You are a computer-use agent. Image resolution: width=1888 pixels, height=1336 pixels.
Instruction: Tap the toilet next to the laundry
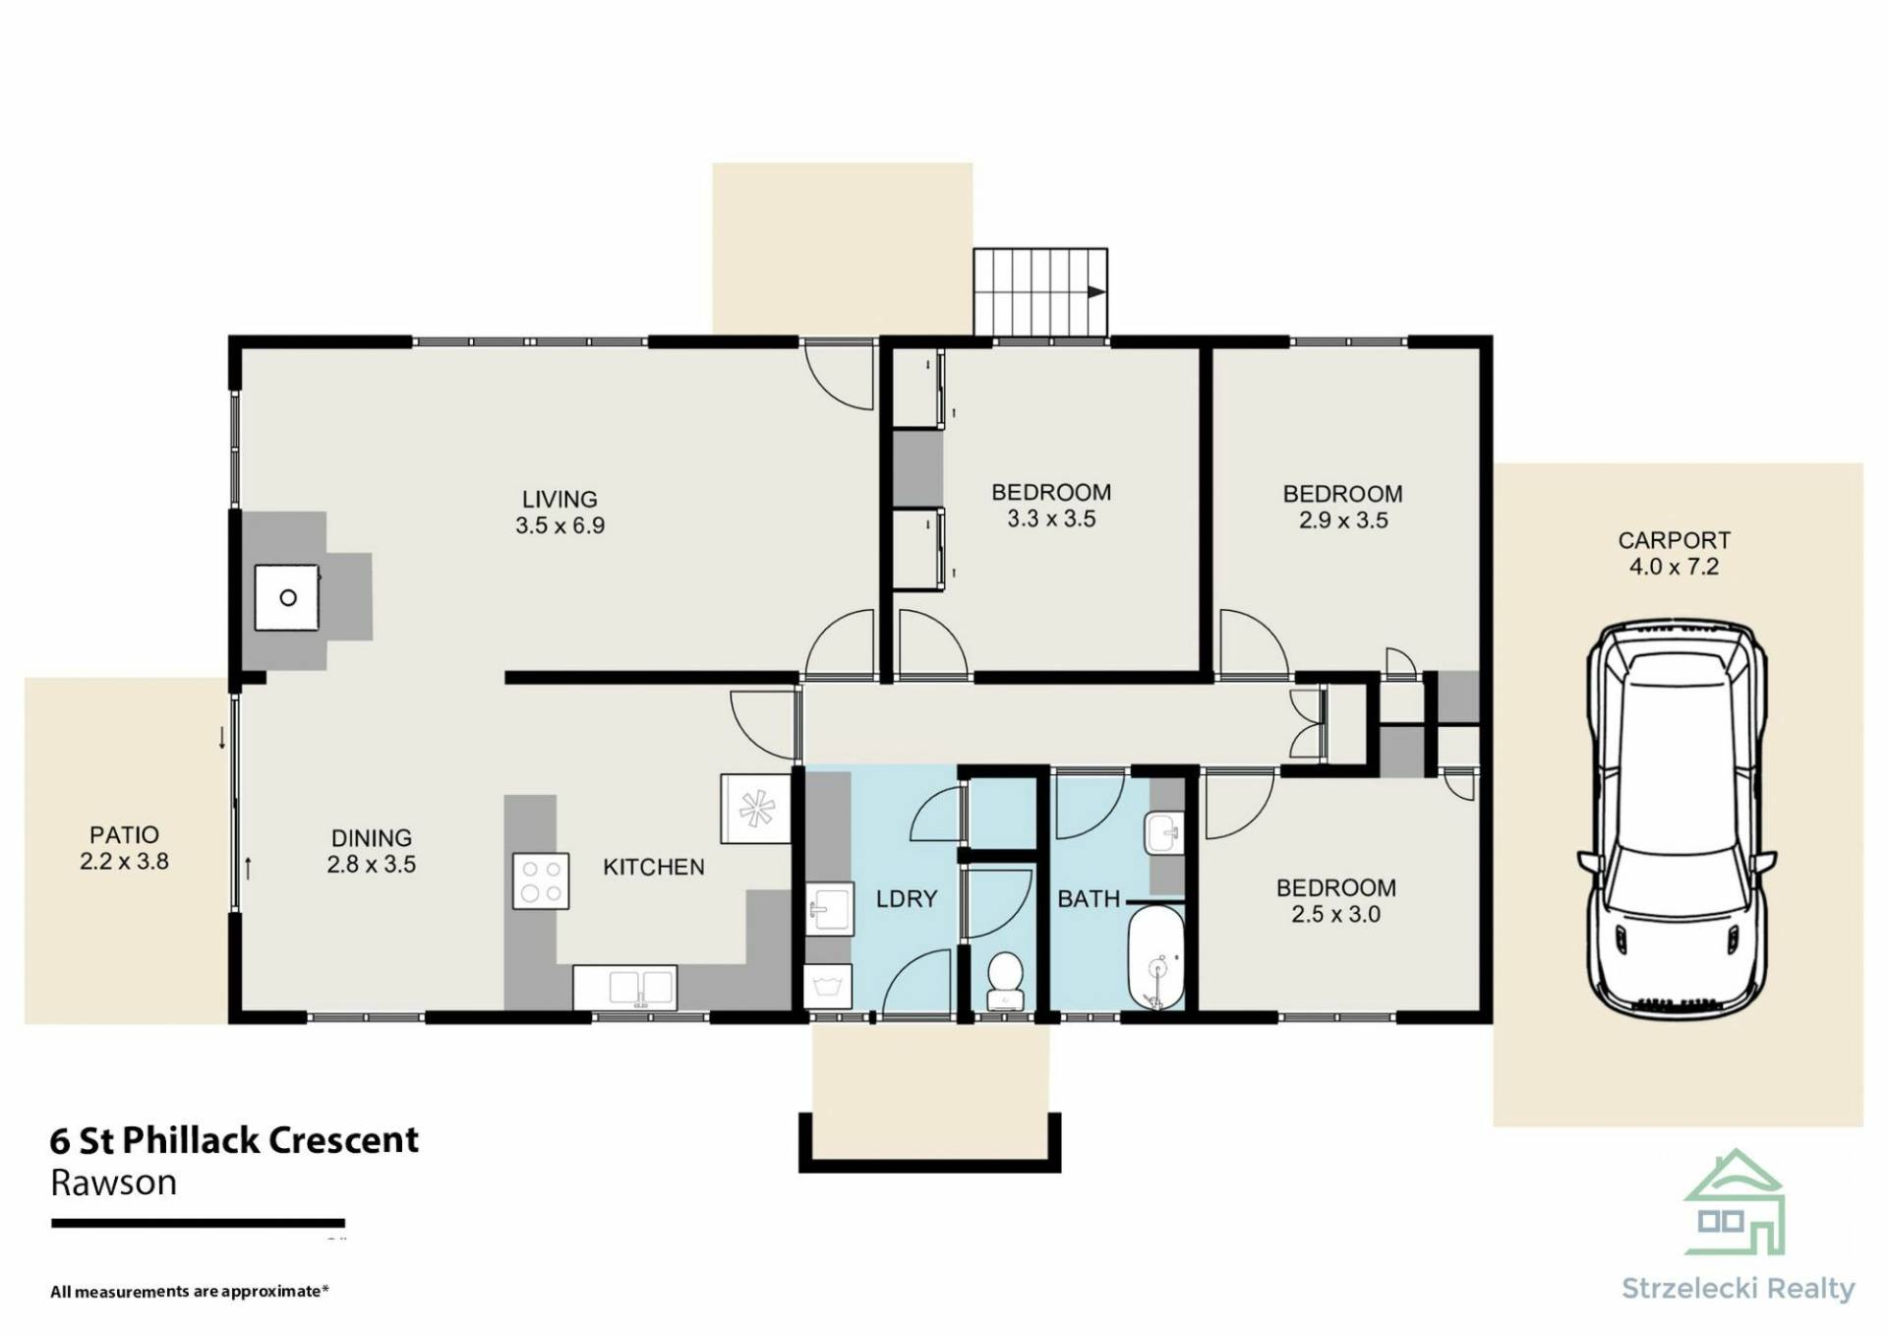pyautogui.click(x=1004, y=979)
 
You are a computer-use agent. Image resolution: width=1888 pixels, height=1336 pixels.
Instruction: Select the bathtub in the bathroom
pyautogui.click(x=1157, y=956)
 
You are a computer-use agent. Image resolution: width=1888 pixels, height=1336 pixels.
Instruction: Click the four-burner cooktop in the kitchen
pyautogui.click(x=541, y=881)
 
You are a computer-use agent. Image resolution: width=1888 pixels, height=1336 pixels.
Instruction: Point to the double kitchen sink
pyautogui.click(x=624, y=987)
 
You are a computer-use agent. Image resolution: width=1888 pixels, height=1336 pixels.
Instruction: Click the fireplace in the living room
pyautogui.click(x=287, y=597)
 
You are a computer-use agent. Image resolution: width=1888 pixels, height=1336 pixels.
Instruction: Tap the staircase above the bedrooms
pyautogui.click(x=1040, y=292)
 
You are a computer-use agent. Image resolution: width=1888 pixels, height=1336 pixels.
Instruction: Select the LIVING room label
pyautogui.click(x=560, y=499)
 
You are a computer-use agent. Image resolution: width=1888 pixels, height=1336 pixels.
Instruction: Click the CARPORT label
pyautogui.click(x=1674, y=540)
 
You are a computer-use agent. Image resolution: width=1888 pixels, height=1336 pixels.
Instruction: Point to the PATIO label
pyautogui.click(x=124, y=835)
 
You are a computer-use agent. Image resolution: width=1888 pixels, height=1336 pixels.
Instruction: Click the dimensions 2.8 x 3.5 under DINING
pyautogui.click(x=372, y=864)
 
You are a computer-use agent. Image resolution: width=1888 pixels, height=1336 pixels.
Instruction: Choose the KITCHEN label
pyautogui.click(x=654, y=867)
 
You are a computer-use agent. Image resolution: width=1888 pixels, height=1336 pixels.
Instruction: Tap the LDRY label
pyautogui.click(x=907, y=898)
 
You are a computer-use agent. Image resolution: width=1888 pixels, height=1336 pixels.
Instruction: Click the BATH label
pyautogui.click(x=1089, y=898)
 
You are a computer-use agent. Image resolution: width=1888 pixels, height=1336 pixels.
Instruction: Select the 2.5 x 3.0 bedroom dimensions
pyautogui.click(x=1335, y=914)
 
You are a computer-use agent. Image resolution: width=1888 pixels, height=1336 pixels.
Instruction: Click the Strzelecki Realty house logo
pyautogui.click(x=1734, y=1202)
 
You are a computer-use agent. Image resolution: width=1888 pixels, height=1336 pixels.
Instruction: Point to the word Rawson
pyautogui.click(x=113, y=1183)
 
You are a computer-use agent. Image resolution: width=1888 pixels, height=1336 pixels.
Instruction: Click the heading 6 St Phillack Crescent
pyautogui.click(x=234, y=1140)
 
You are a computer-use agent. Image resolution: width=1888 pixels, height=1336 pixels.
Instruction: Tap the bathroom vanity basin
pyautogui.click(x=1164, y=833)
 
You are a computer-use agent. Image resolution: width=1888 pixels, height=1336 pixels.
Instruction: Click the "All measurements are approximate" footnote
pyautogui.click(x=190, y=1291)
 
